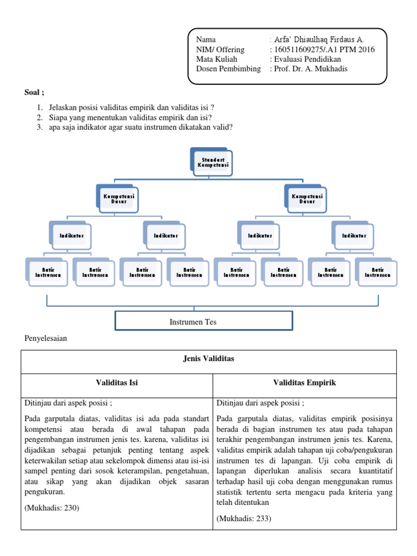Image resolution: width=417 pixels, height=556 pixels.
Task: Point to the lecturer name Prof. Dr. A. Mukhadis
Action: click(310, 69)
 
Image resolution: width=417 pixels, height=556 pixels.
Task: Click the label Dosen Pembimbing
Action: click(228, 69)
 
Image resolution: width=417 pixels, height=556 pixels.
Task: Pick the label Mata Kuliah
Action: click(216, 59)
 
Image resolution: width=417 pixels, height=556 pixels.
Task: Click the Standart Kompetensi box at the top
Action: click(213, 162)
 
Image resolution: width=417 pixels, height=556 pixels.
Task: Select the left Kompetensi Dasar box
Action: click(118, 199)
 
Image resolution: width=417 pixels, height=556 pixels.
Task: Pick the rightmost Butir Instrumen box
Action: click(377, 272)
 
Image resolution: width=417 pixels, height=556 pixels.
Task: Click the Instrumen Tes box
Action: click(204, 321)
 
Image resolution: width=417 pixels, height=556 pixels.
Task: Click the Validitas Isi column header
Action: click(117, 383)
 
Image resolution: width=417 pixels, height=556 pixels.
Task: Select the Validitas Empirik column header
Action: click(304, 383)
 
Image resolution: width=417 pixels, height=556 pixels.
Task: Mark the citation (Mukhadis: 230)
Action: click(52, 508)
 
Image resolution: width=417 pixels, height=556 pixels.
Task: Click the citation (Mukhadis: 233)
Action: click(244, 519)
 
